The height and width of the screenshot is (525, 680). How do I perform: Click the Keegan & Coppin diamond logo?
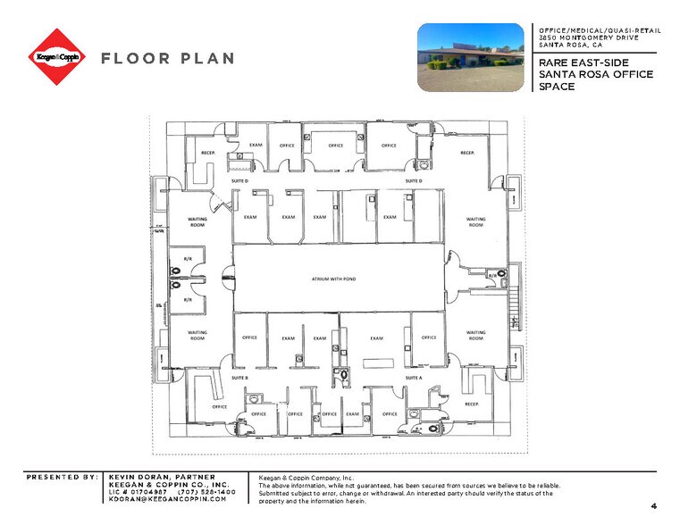[x=56, y=57]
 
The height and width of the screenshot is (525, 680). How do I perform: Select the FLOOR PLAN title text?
[x=168, y=58]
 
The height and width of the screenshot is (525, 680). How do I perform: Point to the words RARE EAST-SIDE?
[x=583, y=62]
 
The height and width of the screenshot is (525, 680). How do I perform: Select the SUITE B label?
[x=239, y=378]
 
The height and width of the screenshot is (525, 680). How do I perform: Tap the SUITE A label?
[x=414, y=378]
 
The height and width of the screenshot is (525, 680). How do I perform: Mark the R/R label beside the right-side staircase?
[x=492, y=276]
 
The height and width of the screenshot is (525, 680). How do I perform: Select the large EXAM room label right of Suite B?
[x=376, y=337]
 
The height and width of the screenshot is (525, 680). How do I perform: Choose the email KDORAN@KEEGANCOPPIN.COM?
[x=167, y=499]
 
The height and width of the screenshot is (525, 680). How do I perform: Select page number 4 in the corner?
[x=653, y=506]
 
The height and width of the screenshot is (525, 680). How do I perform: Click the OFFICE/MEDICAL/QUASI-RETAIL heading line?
[x=600, y=29]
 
